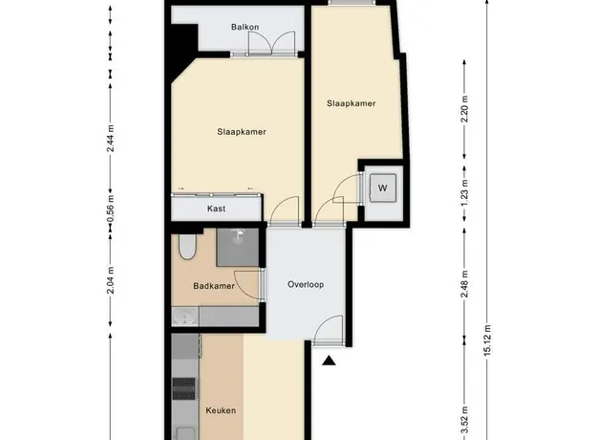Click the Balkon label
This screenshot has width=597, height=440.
245,27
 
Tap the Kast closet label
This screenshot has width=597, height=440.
216,209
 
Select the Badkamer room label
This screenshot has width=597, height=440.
214,286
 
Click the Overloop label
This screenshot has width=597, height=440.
306,284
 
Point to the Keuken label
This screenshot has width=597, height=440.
221,410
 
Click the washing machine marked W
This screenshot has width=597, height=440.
383,187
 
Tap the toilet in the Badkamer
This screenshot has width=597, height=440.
187,247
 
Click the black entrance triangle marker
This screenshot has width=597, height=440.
329,361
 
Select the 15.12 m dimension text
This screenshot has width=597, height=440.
488,341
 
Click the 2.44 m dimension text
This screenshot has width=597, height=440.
110,138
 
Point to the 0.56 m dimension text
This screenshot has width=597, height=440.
110,209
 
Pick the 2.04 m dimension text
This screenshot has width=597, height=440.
110,280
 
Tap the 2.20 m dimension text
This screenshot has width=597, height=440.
464,109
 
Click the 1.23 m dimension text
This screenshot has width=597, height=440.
464,192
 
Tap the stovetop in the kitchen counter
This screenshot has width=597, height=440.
184,388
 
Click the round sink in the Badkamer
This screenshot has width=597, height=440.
184,317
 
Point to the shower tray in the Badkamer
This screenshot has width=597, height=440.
238,248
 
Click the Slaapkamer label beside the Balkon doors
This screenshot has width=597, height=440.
242,132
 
